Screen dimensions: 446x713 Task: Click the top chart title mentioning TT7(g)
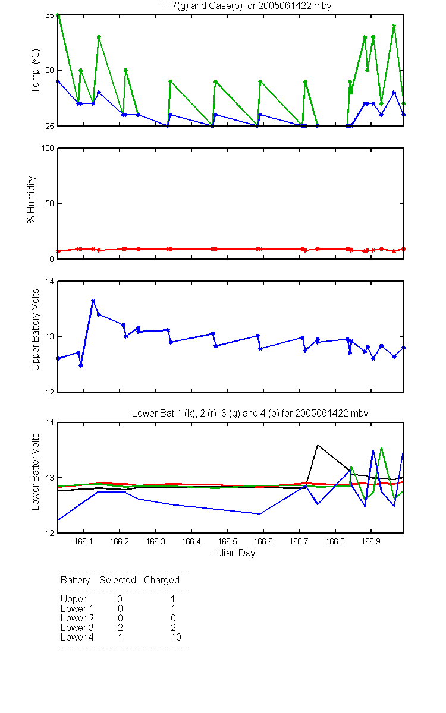pos(246,5)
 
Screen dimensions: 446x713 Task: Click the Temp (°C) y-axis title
pos(35,71)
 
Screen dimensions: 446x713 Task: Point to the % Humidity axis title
pos(31,200)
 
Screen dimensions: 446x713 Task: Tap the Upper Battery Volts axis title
pos(35,330)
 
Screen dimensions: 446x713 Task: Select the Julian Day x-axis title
pos(234,553)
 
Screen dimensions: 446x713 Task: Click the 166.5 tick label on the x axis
pos(227,541)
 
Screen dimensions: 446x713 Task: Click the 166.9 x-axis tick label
pos(371,541)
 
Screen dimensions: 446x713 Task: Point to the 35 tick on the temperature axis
pos(50,15)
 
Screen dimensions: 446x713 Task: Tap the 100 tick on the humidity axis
pos(48,149)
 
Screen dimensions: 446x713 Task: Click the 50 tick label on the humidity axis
pos(50,203)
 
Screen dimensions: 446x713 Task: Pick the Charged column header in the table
pos(161,581)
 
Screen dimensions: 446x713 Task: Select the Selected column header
pos(118,581)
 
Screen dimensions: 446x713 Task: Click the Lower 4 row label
pos(77,637)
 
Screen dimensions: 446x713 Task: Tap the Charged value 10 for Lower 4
pos(176,637)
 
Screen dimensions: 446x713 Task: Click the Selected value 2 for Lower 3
pos(120,627)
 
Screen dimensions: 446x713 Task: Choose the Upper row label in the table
pos(73,600)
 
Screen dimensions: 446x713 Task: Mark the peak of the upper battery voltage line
pos(93,301)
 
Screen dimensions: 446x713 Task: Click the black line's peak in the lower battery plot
pos(318,445)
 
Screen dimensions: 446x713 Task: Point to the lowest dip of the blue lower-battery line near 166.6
pos(260,514)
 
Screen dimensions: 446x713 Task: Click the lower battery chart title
pos(250,413)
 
